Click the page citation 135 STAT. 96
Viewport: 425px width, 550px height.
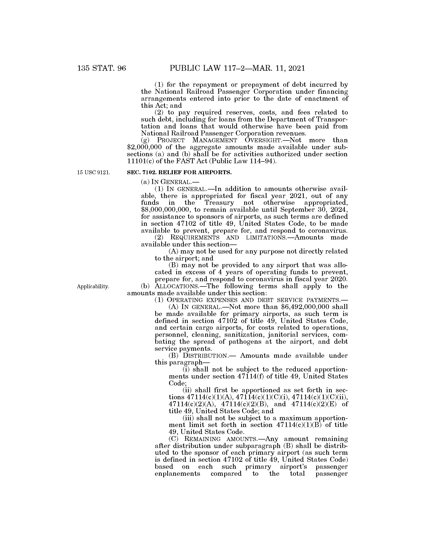click(101, 68)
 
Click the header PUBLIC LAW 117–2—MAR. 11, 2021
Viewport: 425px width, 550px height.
click(237, 68)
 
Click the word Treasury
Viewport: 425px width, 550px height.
click(219, 203)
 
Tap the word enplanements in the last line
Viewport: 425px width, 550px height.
click(177, 474)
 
